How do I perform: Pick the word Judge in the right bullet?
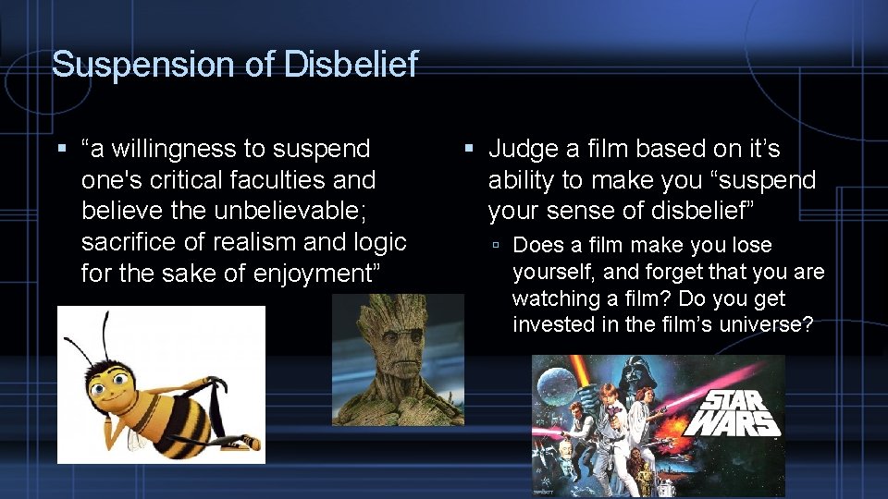click(524, 149)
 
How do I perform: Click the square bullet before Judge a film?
click(469, 149)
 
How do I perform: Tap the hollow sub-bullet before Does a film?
click(497, 246)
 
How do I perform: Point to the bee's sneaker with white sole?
click(240, 442)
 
